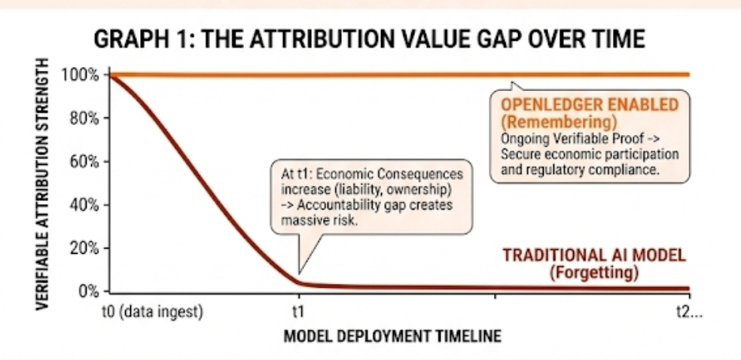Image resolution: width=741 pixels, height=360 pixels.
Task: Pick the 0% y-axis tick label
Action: point(88,290)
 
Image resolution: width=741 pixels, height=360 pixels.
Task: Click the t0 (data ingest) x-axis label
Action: point(153,313)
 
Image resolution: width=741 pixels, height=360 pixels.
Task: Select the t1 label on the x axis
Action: point(298,313)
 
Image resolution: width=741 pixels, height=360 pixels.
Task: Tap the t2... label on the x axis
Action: point(690,313)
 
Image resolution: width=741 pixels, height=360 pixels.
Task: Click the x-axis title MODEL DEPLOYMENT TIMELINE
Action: point(392,337)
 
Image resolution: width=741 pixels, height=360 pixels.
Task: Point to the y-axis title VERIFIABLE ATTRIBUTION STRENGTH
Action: point(42,183)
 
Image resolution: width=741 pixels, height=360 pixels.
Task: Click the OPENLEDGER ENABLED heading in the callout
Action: point(590,105)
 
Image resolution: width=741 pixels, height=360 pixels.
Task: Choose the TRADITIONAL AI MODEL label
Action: point(594,255)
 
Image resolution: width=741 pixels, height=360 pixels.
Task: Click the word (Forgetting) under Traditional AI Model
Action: point(594,273)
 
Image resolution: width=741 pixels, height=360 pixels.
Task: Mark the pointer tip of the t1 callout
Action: point(298,273)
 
